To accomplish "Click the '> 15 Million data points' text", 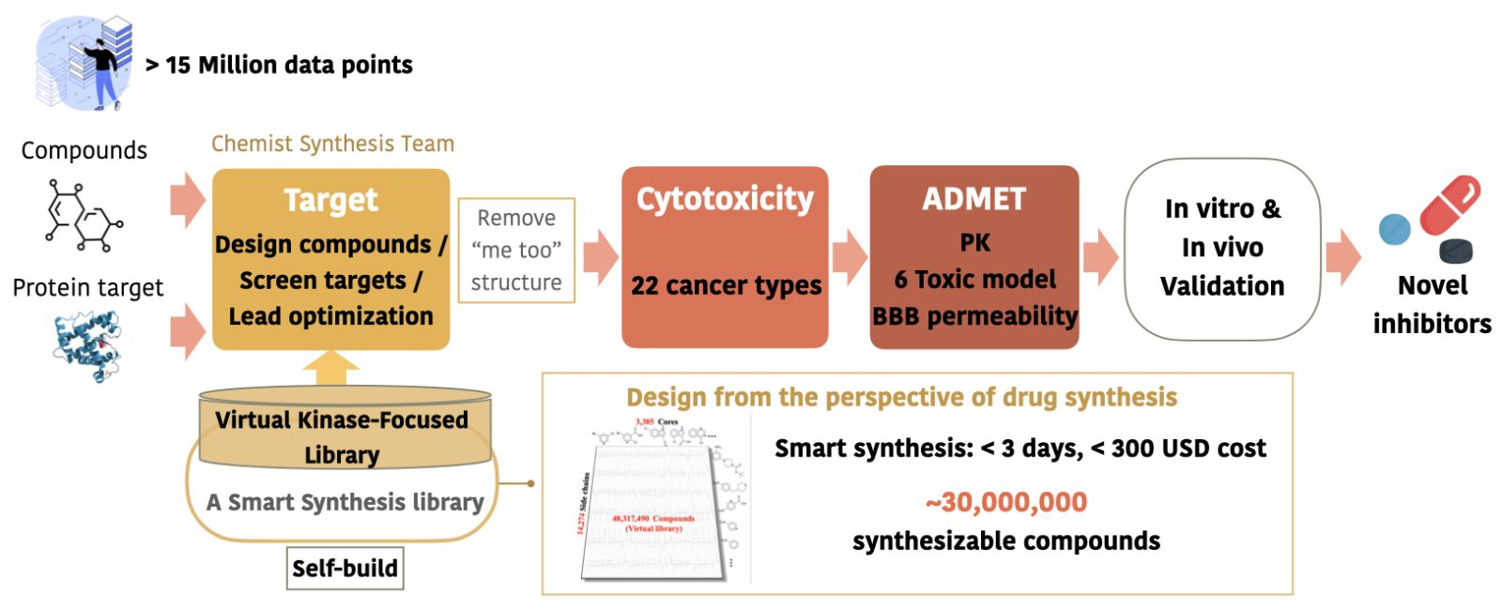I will point(280,65).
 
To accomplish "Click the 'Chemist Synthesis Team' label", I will point(332,144).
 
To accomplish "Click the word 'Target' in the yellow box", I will point(330,200).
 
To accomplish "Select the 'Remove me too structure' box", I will point(515,250).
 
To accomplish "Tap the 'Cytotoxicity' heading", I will point(725,199).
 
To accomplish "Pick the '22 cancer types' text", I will point(726,285).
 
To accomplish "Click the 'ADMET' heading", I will point(973,199).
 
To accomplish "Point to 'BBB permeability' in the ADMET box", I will point(974,316).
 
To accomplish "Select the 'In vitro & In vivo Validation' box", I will point(1221,248).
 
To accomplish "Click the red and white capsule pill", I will point(1449,205).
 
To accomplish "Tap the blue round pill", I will point(1395,229).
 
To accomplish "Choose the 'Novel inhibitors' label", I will point(1432,304).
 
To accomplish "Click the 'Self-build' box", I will point(345,568).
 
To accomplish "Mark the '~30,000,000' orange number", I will point(1006,502).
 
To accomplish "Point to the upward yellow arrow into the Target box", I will point(330,368).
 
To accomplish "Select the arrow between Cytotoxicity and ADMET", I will point(850,256).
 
